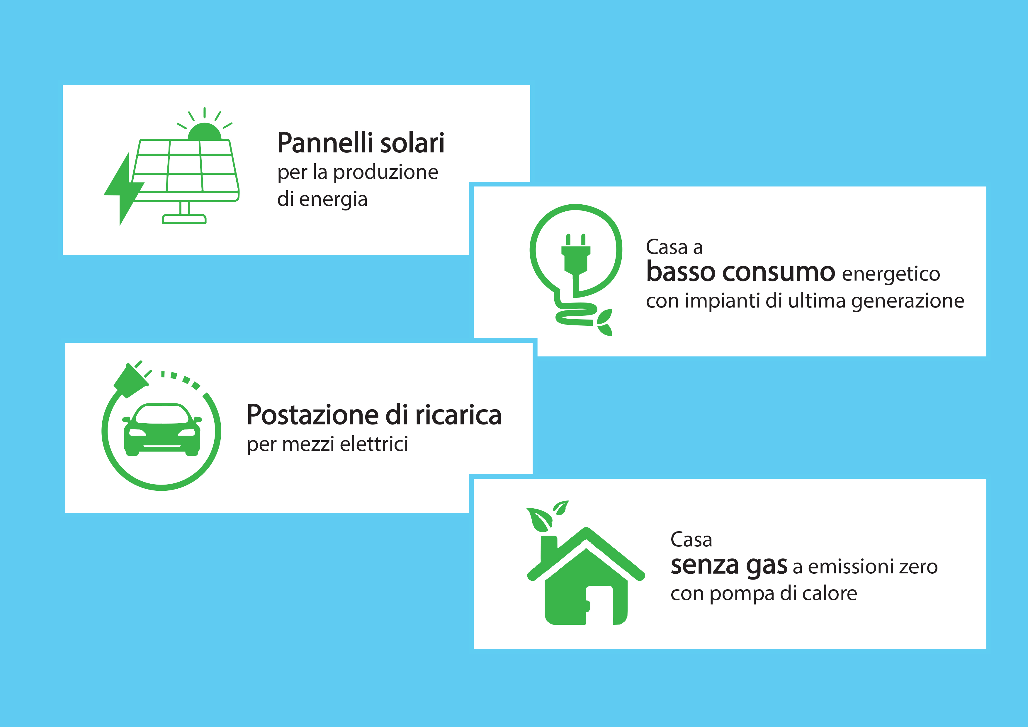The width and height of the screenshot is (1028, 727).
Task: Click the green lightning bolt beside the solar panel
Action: point(123,190)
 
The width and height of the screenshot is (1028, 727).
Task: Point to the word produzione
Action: point(386,173)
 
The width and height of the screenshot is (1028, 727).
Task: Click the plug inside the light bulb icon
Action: point(576,257)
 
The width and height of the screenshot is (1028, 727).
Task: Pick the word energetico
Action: point(891,274)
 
